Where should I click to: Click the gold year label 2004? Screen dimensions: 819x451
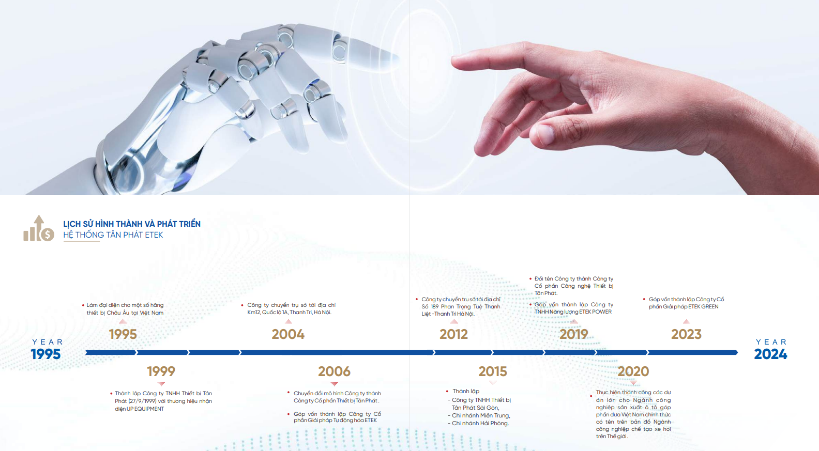pyautogui.click(x=288, y=334)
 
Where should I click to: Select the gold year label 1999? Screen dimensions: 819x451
pyautogui.click(x=161, y=371)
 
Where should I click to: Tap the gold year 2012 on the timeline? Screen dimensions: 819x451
pyautogui.click(x=453, y=334)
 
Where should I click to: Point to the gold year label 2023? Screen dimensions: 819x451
pyautogui.click(x=686, y=334)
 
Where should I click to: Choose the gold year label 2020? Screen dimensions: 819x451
pyautogui.click(x=633, y=371)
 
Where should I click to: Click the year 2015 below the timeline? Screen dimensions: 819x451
pyautogui.click(x=493, y=371)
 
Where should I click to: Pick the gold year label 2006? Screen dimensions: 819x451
pyautogui.click(x=334, y=371)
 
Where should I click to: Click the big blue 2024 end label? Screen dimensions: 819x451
pyautogui.click(x=770, y=354)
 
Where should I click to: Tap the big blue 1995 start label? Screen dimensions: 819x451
pyautogui.click(x=45, y=354)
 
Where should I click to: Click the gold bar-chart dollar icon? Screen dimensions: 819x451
pyautogui.click(x=39, y=228)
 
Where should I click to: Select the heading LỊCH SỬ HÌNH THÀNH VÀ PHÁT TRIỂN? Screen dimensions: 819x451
pyautogui.click(x=132, y=224)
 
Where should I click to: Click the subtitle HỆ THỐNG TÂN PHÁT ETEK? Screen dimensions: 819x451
pyautogui.click(x=113, y=235)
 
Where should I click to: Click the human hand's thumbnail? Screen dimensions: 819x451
pyautogui.click(x=545, y=134)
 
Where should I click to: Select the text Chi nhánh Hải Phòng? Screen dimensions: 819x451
pyautogui.click(x=480, y=423)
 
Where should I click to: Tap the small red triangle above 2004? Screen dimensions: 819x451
pyautogui.click(x=289, y=322)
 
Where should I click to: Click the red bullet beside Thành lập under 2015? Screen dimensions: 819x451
pyautogui.click(x=447, y=392)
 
